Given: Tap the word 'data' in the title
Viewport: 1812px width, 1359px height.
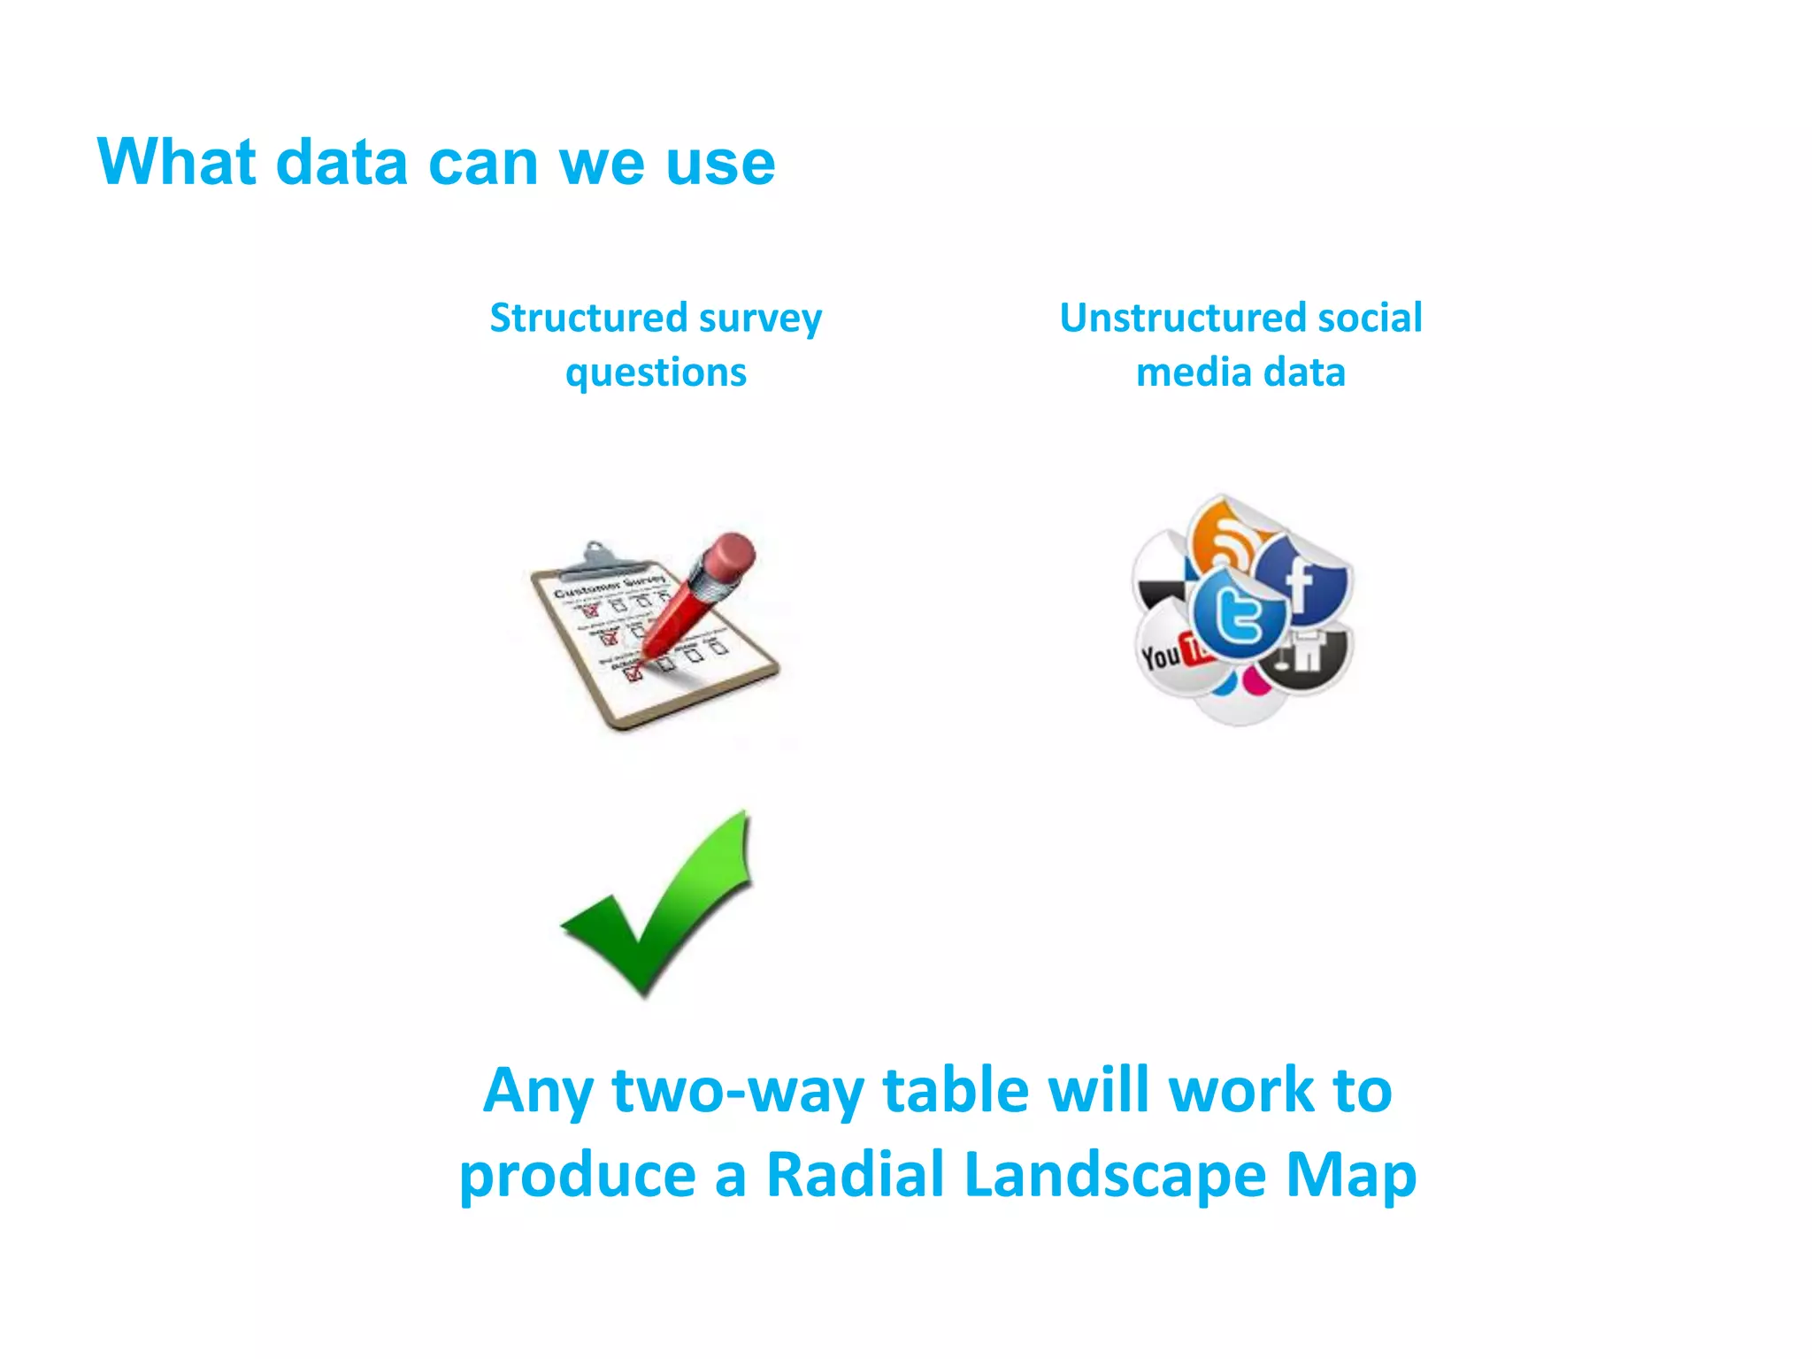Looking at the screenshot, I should (x=342, y=164).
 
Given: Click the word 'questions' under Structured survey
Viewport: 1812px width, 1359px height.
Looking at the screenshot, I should (x=656, y=373).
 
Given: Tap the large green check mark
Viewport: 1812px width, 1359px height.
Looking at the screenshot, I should (x=659, y=902).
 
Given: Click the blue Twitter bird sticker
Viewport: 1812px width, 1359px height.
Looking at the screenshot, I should (x=1239, y=615).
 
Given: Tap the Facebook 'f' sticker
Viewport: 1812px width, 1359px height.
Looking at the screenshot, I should (x=1301, y=580).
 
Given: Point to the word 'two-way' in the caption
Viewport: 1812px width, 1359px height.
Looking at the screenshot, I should (x=737, y=1090).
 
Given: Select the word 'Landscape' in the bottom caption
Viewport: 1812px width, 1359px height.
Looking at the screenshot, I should (x=1116, y=1174).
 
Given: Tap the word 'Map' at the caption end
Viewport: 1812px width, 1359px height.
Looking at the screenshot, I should (x=1351, y=1174).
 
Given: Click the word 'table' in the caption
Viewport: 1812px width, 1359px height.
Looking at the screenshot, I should (x=956, y=1090).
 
